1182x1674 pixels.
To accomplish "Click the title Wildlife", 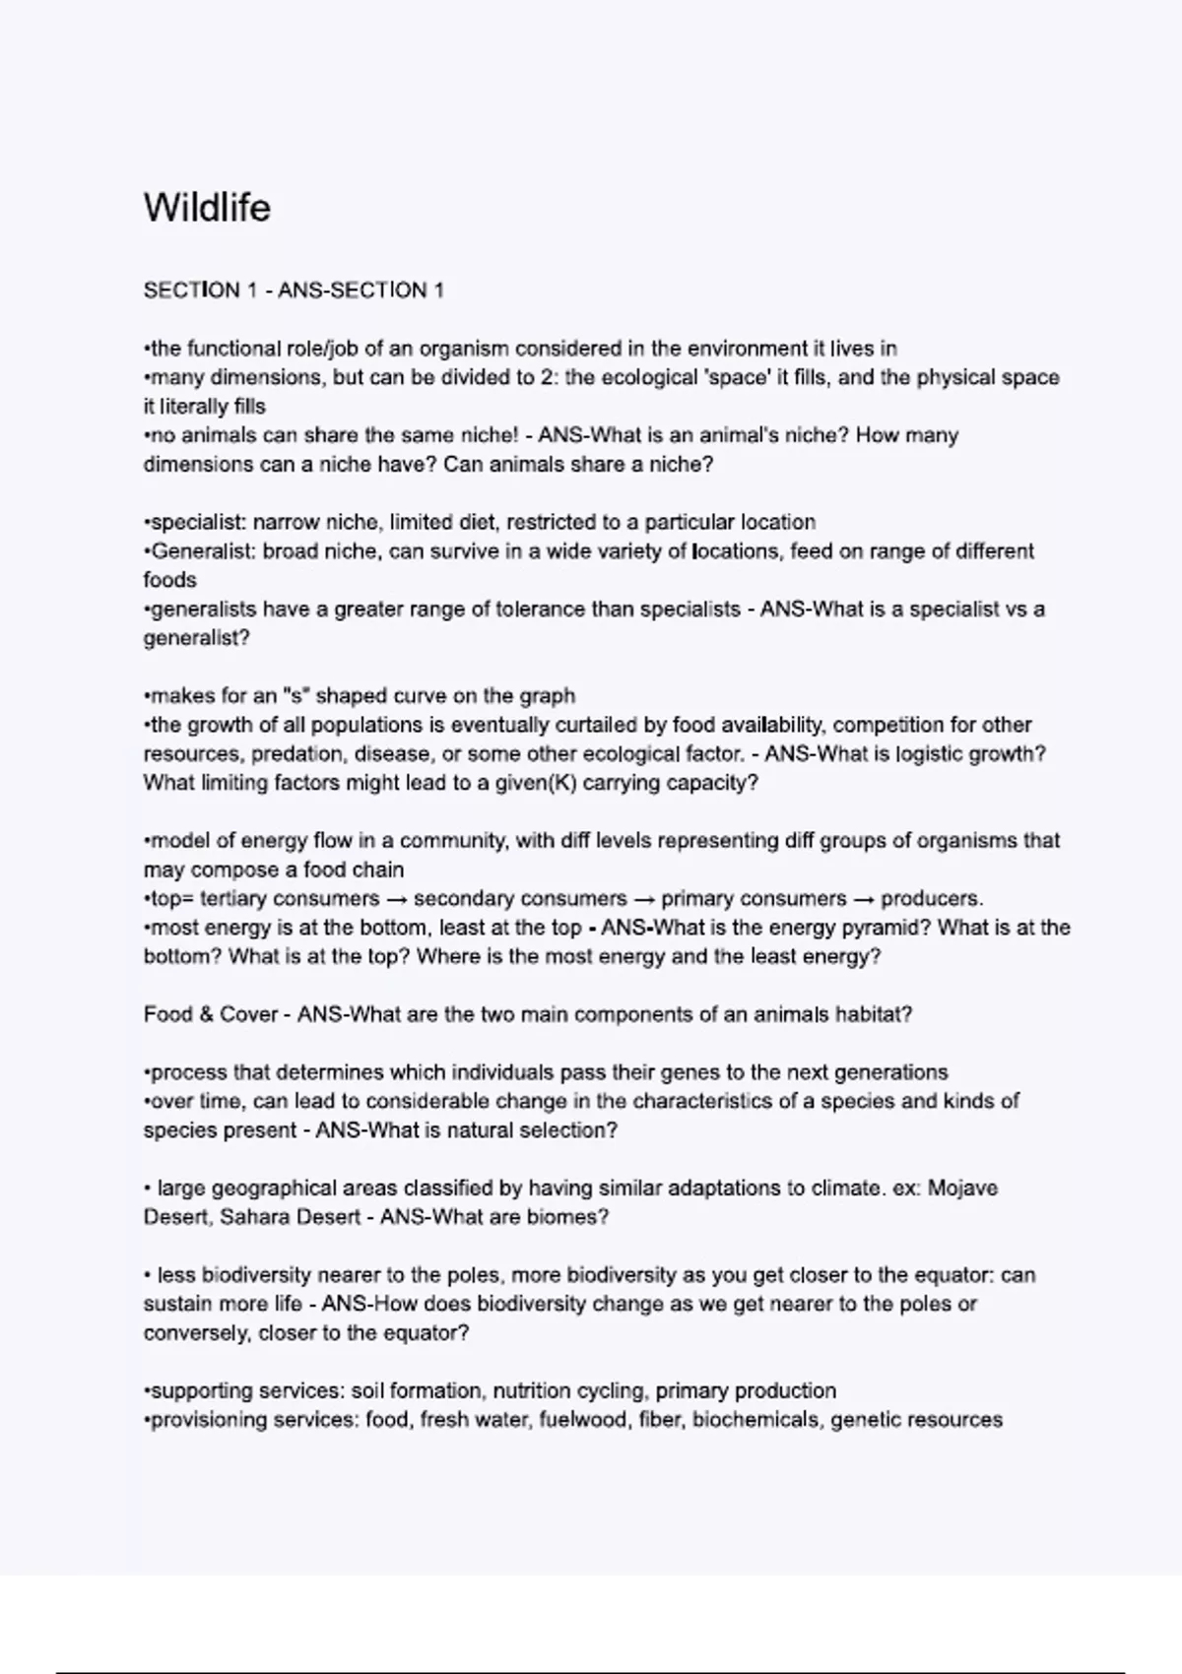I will [207, 208].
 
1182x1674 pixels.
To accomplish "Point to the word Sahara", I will [252, 1217].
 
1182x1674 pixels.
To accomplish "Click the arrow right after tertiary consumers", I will [396, 899].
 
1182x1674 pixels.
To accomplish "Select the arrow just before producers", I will [863, 899].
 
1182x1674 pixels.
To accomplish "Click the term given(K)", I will [496, 784].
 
